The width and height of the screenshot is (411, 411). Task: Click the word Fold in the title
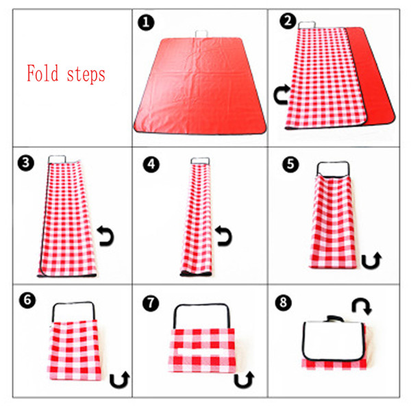(42, 73)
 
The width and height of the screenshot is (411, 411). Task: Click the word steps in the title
(86, 75)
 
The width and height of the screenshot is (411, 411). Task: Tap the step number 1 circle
(146, 23)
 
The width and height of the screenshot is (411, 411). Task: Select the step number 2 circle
(288, 21)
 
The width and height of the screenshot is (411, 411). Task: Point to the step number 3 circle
(26, 163)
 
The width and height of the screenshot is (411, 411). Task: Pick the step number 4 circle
(151, 164)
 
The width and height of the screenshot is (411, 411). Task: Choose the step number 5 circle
(290, 164)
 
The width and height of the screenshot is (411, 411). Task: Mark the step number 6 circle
(27, 300)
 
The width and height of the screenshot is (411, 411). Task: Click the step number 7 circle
(151, 303)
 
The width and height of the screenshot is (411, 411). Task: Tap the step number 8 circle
(284, 303)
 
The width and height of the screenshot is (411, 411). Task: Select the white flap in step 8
(334, 340)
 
